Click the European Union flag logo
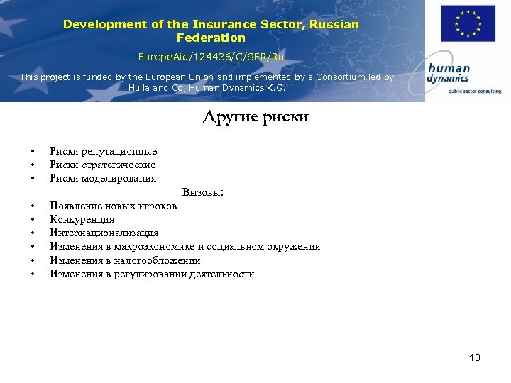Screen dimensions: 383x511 point(468,24)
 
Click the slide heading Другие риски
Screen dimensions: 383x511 point(255,117)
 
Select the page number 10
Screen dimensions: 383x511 point(475,357)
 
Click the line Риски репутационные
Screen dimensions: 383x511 point(103,151)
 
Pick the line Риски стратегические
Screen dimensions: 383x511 point(102,165)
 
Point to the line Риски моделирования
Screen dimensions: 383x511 point(103,178)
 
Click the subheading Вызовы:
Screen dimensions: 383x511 point(203,192)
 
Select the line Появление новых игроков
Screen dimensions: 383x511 point(113,206)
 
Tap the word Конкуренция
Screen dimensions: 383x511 point(82,219)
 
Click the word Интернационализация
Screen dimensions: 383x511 point(104,233)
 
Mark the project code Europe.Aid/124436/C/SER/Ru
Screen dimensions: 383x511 point(211,55)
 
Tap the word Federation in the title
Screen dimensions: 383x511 point(211,38)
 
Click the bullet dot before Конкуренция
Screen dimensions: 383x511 point(33,220)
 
